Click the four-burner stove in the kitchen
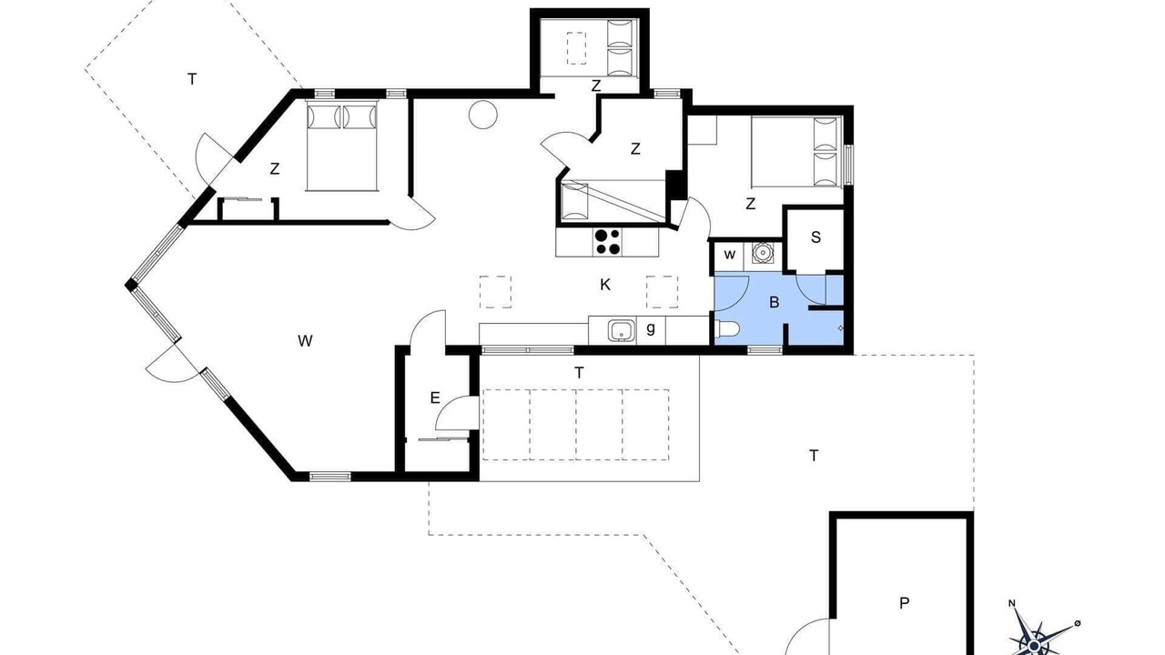608,242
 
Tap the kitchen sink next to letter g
622,329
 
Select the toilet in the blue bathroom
727,328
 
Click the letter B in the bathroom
774,302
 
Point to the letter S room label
815,237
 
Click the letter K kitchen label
605,285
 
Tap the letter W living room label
305,341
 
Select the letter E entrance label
435,398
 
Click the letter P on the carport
905,603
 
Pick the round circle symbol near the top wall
482,115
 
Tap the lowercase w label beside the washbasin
730,254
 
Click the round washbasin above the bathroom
763,253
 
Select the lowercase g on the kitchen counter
651,328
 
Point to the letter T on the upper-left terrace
192,79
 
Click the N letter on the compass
1012,618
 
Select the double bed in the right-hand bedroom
796,152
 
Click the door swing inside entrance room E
457,413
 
